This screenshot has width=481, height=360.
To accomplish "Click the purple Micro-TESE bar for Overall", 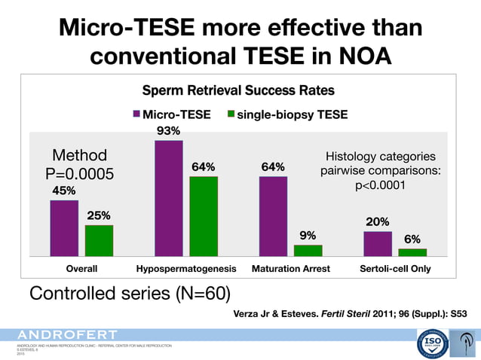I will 64,228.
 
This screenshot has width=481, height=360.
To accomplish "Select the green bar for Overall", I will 99,240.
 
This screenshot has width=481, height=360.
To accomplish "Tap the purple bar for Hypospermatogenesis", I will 168,199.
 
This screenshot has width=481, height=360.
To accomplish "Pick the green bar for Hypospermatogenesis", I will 204,217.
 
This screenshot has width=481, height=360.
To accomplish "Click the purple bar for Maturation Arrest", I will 273,217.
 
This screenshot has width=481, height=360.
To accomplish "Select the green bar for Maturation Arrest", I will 308,250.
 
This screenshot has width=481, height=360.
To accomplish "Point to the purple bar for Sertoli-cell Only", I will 378,243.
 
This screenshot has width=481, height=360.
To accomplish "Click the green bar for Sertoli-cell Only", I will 412,252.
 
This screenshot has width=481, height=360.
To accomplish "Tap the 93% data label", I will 168,131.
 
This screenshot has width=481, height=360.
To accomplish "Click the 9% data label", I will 308,235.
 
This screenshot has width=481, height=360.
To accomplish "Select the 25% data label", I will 99,216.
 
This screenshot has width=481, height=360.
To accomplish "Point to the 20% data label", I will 378,222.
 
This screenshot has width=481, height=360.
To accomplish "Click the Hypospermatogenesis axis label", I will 186,268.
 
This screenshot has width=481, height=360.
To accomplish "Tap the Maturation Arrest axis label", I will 290,268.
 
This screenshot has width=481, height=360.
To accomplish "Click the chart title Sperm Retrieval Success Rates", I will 239,91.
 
